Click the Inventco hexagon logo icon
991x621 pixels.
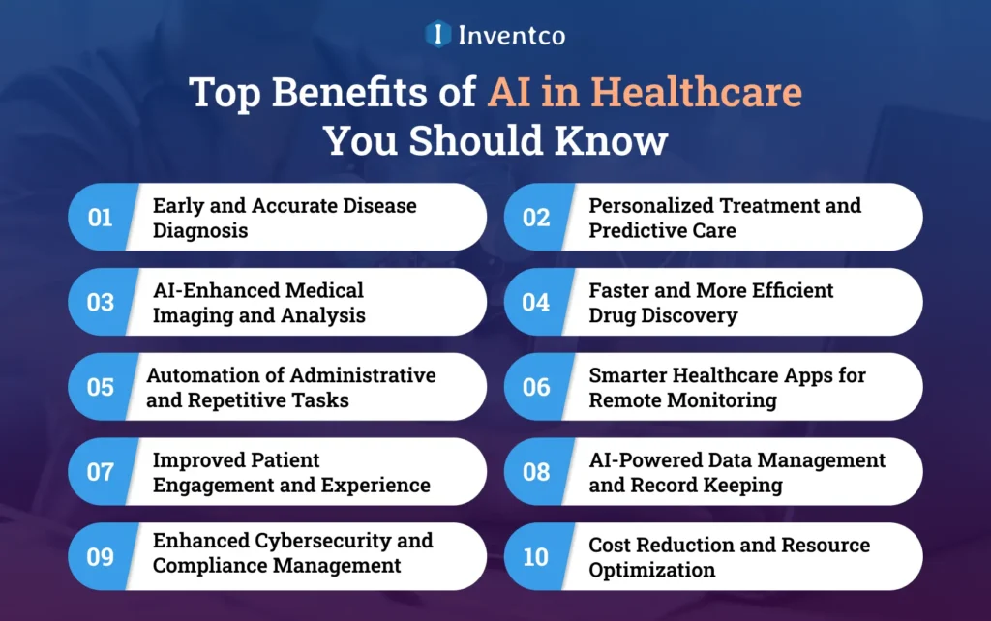tap(438, 35)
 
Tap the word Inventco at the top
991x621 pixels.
tap(512, 36)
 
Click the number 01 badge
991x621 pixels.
tap(101, 218)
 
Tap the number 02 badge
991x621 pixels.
tap(536, 218)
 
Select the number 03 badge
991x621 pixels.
tap(101, 303)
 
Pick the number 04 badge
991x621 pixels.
tap(536, 303)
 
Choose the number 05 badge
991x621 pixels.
tap(101, 387)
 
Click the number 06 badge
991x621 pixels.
tap(536, 387)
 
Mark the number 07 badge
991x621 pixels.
tap(101, 472)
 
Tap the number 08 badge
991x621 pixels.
tap(536, 472)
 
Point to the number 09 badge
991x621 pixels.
tap(101, 557)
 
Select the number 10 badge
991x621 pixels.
tap(536, 557)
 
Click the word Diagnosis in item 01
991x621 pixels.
tap(200, 231)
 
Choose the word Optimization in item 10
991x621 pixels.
tap(652, 570)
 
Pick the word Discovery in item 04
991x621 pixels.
tap(693, 315)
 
